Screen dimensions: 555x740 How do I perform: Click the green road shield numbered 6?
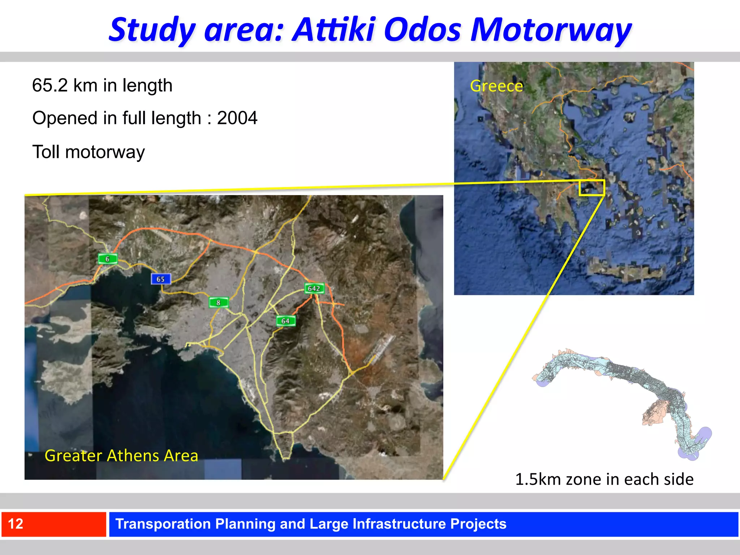108,259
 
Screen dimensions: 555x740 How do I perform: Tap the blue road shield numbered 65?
160,279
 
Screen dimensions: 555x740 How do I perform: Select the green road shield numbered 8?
219,302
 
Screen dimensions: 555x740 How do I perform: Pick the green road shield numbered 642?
314,288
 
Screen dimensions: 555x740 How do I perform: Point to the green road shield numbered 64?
285,321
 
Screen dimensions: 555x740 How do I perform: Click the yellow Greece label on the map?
496,86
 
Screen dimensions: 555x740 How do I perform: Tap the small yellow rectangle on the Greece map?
591,188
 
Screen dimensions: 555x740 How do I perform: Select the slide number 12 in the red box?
16,524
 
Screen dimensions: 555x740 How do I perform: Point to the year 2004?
237,118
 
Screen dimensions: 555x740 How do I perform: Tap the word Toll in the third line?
46,152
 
